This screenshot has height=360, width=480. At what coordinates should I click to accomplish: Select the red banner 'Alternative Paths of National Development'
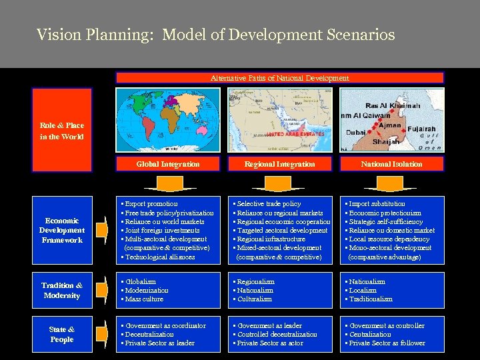tap(279, 78)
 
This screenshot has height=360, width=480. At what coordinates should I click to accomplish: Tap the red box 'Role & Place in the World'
tap(61, 131)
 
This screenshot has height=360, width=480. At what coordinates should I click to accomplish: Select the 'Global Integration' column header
tap(168, 164)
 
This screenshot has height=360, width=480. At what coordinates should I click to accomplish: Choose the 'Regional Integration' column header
tap(279, 164)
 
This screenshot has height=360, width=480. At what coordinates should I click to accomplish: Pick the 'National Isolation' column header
tap(391, 164)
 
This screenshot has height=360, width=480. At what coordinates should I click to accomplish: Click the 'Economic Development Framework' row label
tap(61, 230)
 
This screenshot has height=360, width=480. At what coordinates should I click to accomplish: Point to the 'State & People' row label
tap(61, 335)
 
